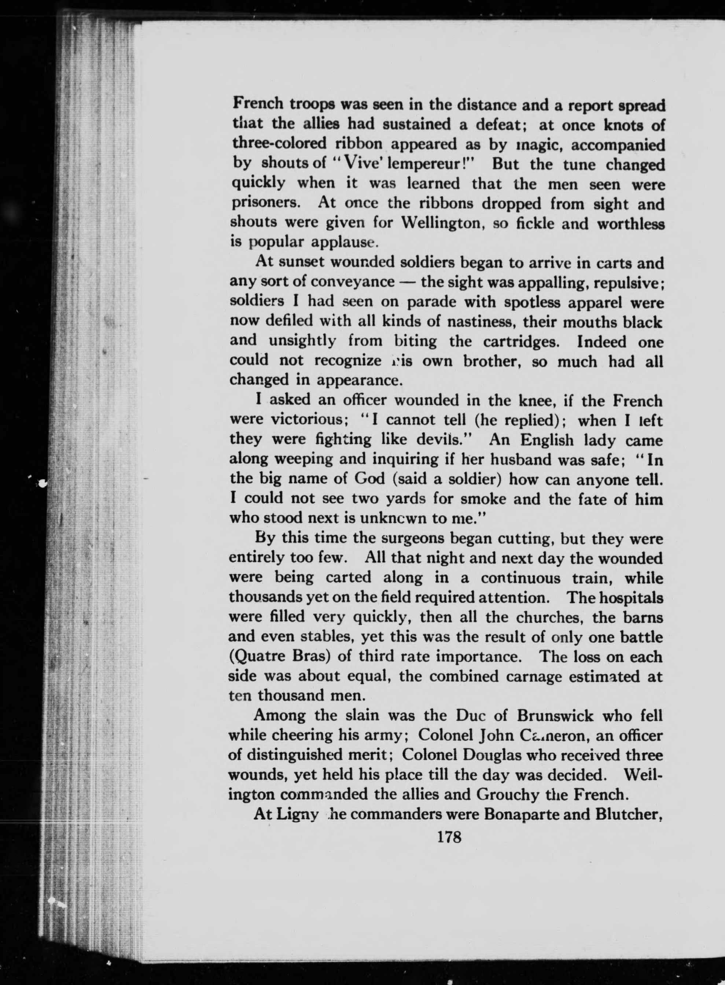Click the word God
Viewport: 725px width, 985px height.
[x=369, y=478]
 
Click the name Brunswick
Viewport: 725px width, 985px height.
[x=555, y=716]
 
